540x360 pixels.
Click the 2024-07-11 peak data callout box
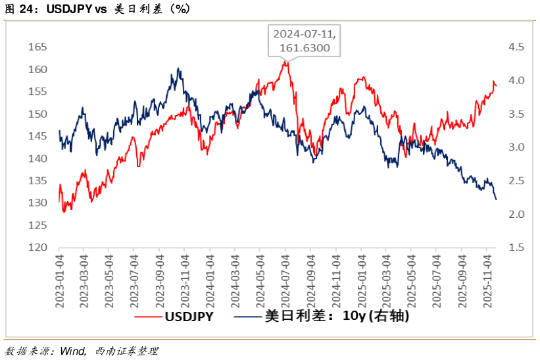(x=298, y=41)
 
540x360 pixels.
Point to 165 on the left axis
(x=38, y=47)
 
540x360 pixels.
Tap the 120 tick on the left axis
(x=38, y=247)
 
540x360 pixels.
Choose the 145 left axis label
(x=38, y=136)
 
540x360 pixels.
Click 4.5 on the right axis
(x=515, y=47)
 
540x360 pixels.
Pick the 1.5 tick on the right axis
(x=515, y=247)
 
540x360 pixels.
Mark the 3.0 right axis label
(x=515, y=147)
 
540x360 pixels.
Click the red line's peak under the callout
(x=285, y=62)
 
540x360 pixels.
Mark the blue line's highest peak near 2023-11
(x=178, y=68)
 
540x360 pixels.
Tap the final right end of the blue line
(x=496, y=199)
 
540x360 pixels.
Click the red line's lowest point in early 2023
(x=64, y=212)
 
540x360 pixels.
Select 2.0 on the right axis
(x=515, y=214)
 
